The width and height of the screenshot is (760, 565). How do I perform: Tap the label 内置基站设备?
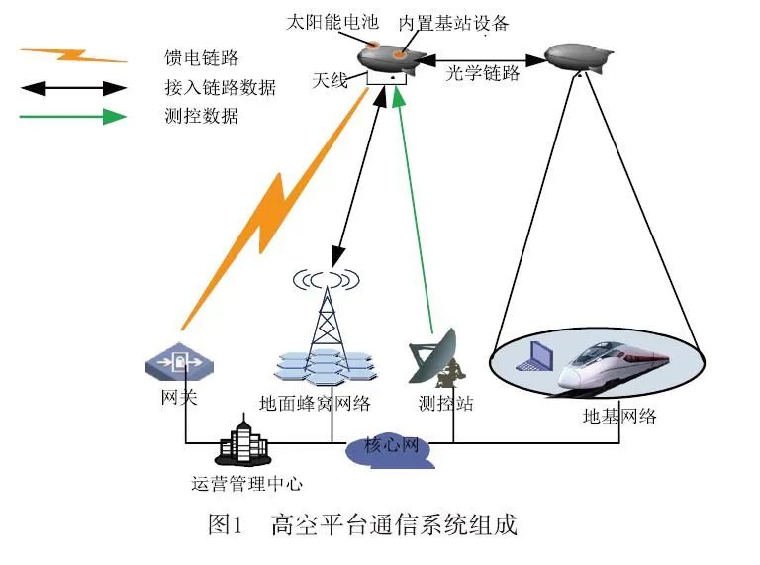(452, 23)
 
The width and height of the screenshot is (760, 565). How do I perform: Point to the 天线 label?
(331, 79)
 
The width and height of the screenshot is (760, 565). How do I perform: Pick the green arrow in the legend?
(73, 117)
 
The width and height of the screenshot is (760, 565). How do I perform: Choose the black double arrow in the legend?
(73, 88)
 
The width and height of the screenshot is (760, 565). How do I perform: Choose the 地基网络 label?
(619, 416)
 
